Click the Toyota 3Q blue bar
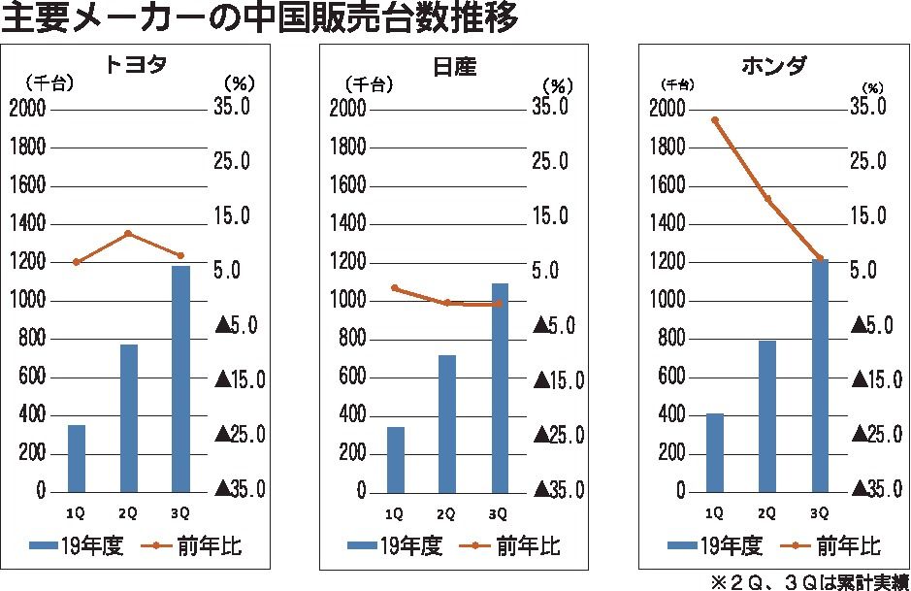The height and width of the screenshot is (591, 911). coord(180,378)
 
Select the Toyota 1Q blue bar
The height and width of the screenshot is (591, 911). coord(77,458)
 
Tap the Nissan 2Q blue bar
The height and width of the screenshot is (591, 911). coord(446,423)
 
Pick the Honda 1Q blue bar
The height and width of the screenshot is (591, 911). coord(715,452)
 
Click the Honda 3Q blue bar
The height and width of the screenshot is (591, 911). coord(820,376)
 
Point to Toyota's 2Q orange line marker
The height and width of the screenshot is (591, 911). coord(128,234)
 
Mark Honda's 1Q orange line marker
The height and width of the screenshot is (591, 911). coord(715,120)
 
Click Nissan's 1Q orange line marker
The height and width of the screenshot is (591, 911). coord(395,287)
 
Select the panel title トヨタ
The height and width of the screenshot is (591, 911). coord(136,66)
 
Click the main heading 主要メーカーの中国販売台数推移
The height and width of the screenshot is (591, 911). coord(260,18)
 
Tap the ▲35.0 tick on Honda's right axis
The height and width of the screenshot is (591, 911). coord(870,488)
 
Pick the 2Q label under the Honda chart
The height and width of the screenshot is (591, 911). coord(766,512)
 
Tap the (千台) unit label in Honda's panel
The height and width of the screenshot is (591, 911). coord(678,84)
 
